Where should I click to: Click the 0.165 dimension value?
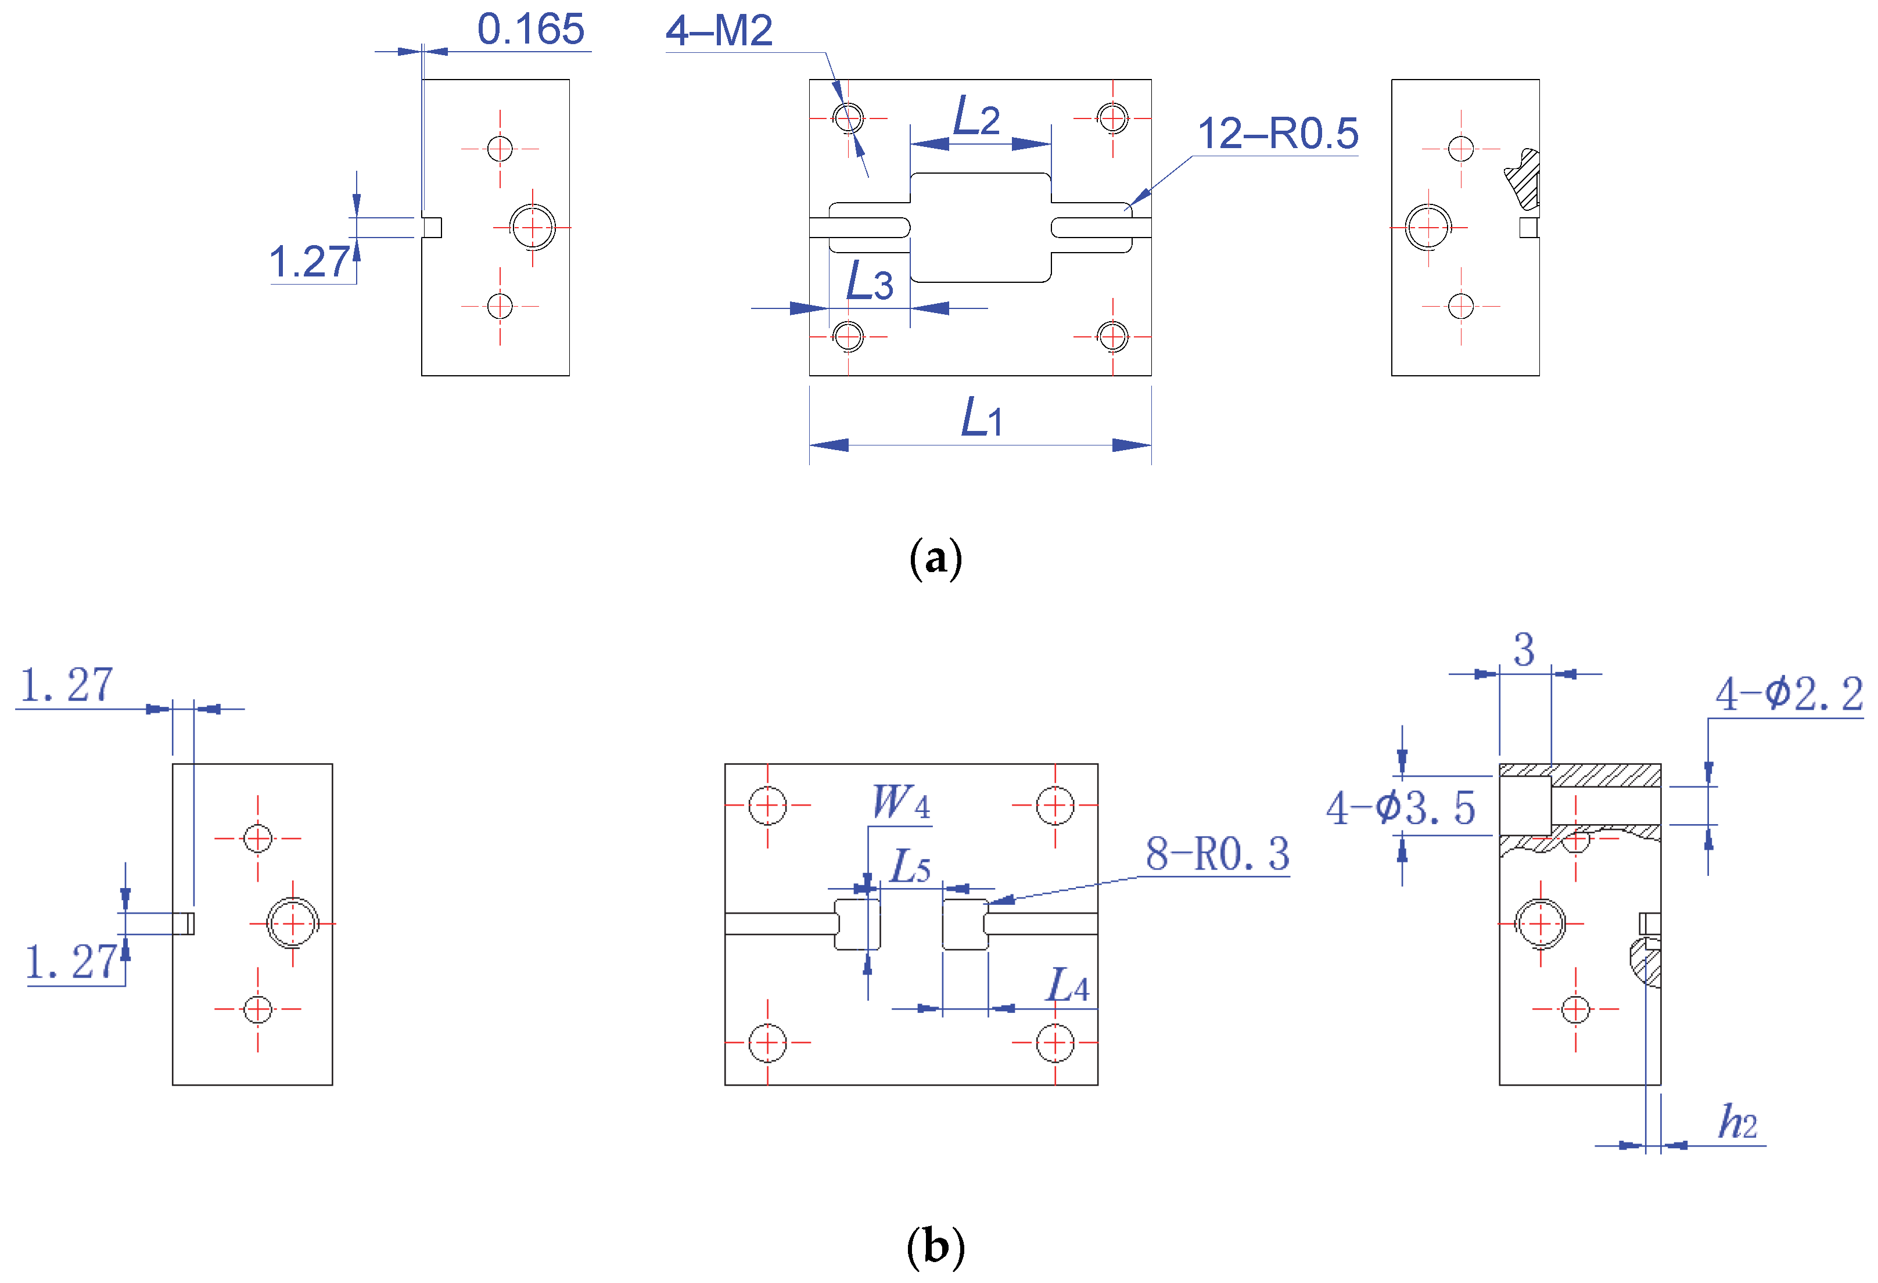[x=530, y=30]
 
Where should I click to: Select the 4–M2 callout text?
[x=719, y=31]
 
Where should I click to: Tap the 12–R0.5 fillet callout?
[x=1277, y=134]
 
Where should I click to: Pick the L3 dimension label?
[x=868, y=282]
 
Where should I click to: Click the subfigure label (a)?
[x=935, y=558]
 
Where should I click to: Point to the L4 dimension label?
[x=1067, y=985]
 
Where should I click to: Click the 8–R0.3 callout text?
[x=1217, y=854]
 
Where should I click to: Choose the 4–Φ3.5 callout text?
[x=1401, y=808]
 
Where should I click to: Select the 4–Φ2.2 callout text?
[x=1789, y=694]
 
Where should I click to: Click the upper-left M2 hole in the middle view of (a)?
[x=849, y=118]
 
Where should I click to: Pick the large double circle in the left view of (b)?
[x=293, y=923]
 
